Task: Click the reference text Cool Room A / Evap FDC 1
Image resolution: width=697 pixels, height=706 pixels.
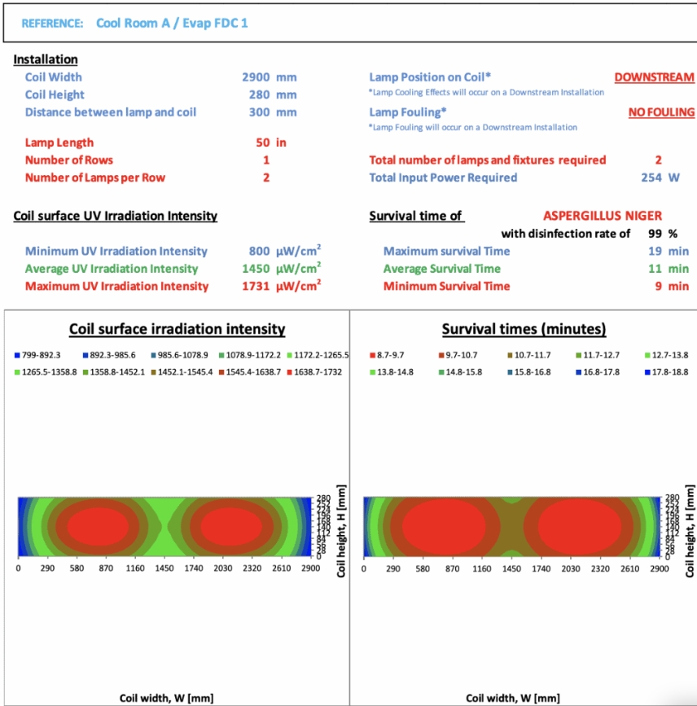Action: coord(172,23)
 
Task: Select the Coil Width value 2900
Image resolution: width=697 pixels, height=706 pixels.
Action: coord(255,77)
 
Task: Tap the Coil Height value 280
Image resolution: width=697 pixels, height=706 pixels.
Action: coord(260,94)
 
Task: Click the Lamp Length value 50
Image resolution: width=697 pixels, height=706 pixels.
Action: coord(262,143)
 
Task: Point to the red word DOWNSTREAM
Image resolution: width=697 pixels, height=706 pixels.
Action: coord(654,77)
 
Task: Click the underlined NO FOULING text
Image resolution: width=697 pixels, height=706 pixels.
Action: coord(661,112)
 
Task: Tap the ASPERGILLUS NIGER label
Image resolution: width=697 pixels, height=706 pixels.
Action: coord(602,216)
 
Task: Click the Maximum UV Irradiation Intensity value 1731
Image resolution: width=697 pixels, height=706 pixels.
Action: coord(255,286)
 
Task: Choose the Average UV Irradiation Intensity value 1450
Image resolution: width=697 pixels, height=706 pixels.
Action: coord(255,269)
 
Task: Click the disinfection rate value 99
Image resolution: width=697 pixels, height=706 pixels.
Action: coord(651,234)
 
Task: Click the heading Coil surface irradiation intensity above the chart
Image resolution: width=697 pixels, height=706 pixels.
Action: coord(177,329)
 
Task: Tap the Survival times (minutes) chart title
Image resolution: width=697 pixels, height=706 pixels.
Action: coord(524,329)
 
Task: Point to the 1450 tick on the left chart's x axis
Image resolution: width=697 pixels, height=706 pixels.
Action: coord(164,568)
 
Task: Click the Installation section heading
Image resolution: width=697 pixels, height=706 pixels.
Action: coord(46,59)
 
